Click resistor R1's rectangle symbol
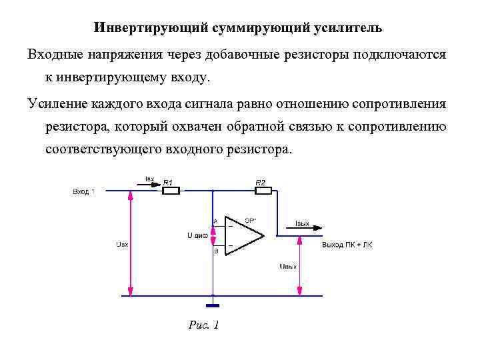(x=171, y=191)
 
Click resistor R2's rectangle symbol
(x=263, y=191)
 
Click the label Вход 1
(x=83, y=192)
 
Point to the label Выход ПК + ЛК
(x=347, y=245)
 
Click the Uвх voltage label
(x=121, y=245)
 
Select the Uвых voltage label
(x=287, y=267)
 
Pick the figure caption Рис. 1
(x=204, y=325)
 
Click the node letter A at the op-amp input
(x=215, y=221)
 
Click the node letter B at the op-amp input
(x=215, y=251)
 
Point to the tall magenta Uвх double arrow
(x=131, y=243)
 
